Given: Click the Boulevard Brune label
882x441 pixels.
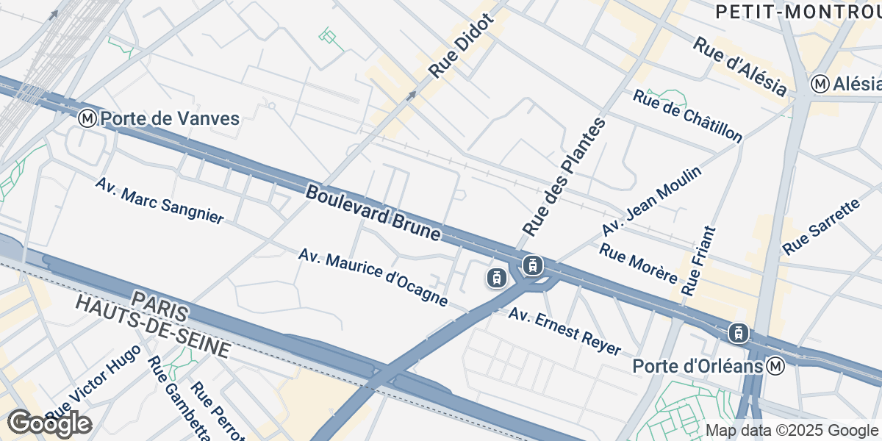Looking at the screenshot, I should pyautogui.click(x=373, y=213).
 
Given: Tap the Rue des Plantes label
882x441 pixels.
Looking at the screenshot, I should pyautogui.click(x=564, y=176).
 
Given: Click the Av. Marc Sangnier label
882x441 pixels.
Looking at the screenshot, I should pyautogui.click(x=159, y=200).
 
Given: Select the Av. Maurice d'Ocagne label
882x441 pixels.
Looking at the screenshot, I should pyautogui.click(x=373, y=277).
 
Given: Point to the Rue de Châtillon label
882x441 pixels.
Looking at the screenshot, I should pyautogui.click(x=687, y=116).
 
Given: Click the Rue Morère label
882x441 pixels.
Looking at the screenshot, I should pyautogui.click(x=637, y=263).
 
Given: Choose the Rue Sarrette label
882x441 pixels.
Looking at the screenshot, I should pyautogui.click(x=821, y=227).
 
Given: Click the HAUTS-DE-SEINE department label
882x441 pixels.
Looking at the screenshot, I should pyautogui.click(x=154, y=327).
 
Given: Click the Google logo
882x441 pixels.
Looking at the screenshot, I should pyautogui.click(x=49, y=424).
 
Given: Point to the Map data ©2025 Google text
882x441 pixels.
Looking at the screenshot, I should pyautogui.click(x=791, y=431).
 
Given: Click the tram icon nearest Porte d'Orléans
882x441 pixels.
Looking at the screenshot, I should pyautogui.click(x=739, y=333).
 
